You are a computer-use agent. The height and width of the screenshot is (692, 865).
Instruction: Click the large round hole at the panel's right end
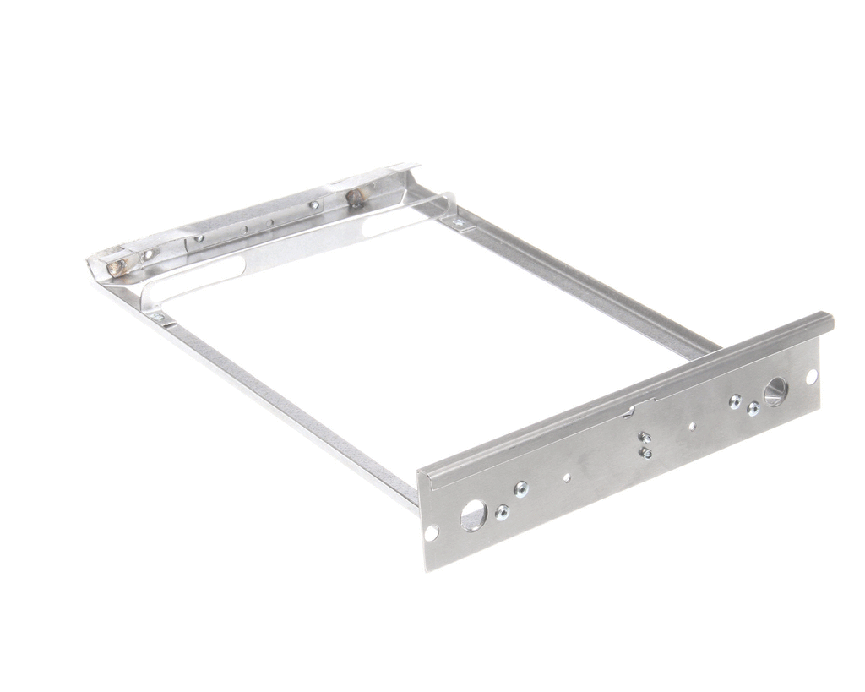tap(775, 391)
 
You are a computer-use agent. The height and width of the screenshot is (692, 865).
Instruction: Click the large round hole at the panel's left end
tap(473, 514)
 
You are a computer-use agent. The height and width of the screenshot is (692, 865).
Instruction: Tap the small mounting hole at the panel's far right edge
tap(811, 377)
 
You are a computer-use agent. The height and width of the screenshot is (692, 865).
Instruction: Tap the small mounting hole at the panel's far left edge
tap(431, 532)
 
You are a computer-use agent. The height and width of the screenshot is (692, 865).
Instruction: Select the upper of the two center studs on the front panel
tap(645, 437)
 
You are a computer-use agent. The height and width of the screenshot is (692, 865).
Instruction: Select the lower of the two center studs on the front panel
tap(646, 453)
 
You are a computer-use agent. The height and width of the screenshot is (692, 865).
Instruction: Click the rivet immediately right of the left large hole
tap(502, 511)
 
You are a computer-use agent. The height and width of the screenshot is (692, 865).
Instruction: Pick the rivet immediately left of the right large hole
tap(753, 408)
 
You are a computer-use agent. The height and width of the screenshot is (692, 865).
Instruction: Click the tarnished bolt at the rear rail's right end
tap(355, 199)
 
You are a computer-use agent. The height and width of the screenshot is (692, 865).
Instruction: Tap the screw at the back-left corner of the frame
tap(157, 317)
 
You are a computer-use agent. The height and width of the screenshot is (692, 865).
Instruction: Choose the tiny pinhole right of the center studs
tap(692, 427)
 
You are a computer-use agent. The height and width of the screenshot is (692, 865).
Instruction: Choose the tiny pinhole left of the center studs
tap(566, 477)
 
